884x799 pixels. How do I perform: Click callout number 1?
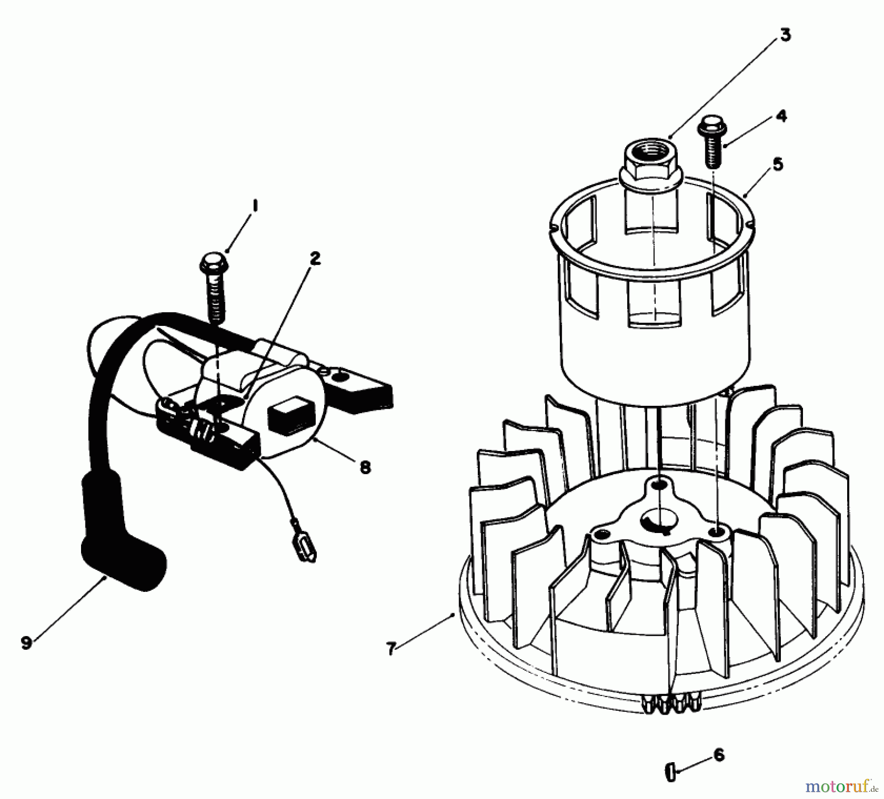tap(254, 206)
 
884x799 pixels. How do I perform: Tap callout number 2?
tap(315, 259)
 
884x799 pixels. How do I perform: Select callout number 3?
tap(785, 36)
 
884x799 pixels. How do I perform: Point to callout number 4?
tap(781, 116)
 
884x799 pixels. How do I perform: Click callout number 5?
tap(778, 164)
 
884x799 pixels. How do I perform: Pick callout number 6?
tap(719, 755)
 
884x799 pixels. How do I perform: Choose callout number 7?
tap(391, 649)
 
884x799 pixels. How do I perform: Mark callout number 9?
tap(26, 642)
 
